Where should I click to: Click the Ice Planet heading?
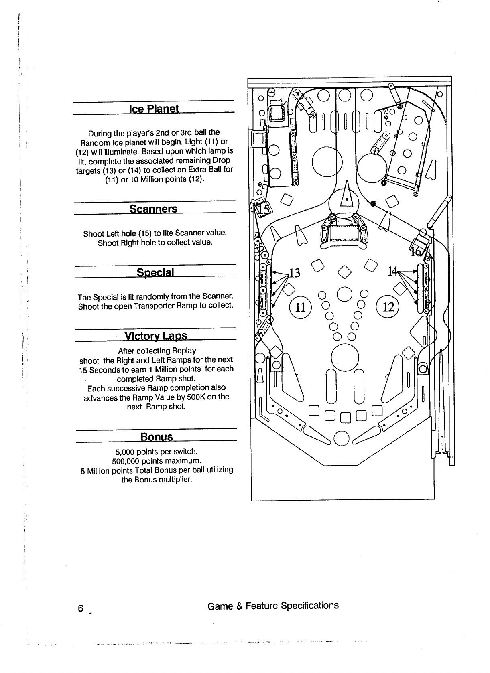click(x=153, y=109)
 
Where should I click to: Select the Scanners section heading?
click(x=153, y=209)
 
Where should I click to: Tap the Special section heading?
click(x=155, y=272)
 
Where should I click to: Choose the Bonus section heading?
click(x=157, y=436)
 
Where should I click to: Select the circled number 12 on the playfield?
click(x=388, y=307)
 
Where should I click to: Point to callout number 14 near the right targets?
click(x=392, y=272)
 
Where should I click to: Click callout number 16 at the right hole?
click(x=415, y=252)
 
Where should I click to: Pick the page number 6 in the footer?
click(x=81, y=608)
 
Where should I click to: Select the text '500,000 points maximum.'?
click(x=157, y=460)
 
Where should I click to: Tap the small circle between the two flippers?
click(x=342, y=438)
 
